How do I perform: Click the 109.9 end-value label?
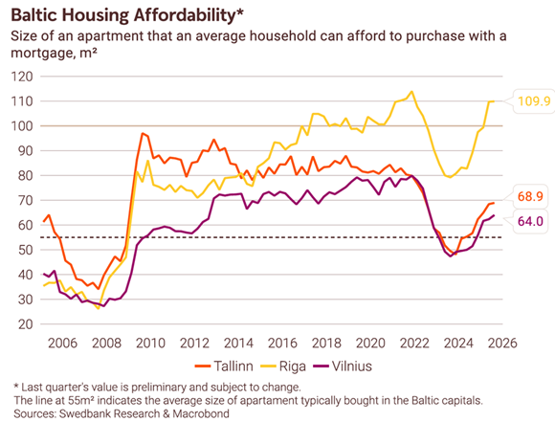[533, 101]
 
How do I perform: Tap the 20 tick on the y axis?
[23, 324]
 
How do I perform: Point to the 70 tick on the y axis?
[23, 200]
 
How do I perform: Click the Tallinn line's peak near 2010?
[143, 133]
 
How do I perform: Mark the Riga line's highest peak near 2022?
[411, 92]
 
